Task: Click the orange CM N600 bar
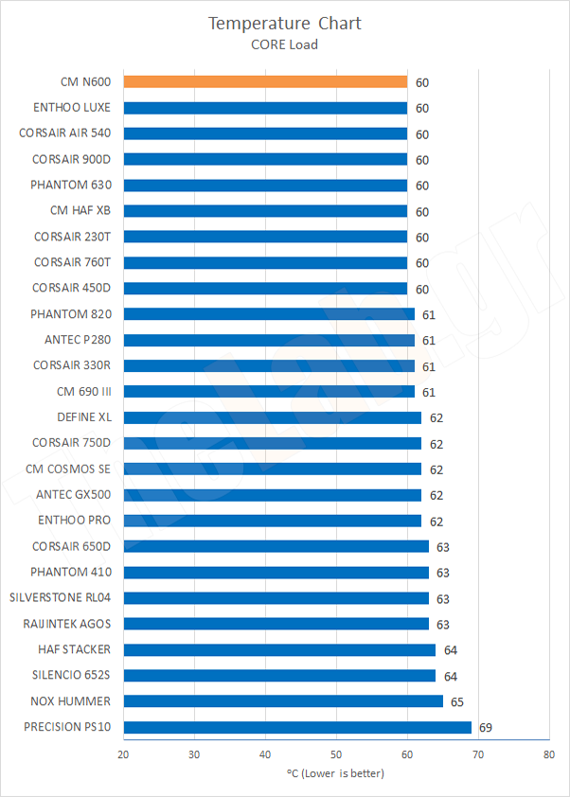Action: click(265, 82)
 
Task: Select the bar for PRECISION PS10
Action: click(297, 727)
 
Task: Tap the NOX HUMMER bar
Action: click(283, 701)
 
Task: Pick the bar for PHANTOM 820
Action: click(269, 314)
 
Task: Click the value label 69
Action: click(486, 727)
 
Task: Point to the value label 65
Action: click(457, 701)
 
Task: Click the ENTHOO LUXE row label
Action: click(71, 108)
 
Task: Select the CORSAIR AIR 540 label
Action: click(64, 133)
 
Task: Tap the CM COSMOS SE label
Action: click(68, 469)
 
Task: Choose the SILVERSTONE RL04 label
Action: click(60, 598)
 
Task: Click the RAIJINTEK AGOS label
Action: click(66, 624)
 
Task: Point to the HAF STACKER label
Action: click(74, 649)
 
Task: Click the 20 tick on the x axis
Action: click(123, 754)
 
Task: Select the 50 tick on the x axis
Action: click(336, 754)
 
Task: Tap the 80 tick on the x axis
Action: click(549, 754)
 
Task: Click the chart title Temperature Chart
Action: click(285, 23)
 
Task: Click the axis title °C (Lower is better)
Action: click(336, 773)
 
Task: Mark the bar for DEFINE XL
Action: click(273, 417)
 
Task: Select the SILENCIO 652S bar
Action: click(279, 676)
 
